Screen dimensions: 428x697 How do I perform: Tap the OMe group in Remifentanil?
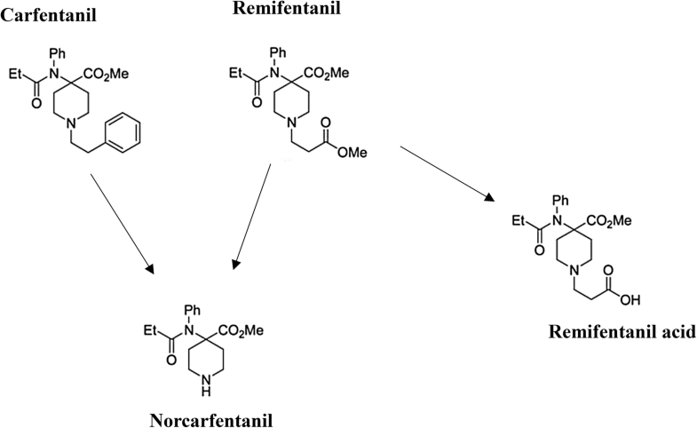click(352, 153)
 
